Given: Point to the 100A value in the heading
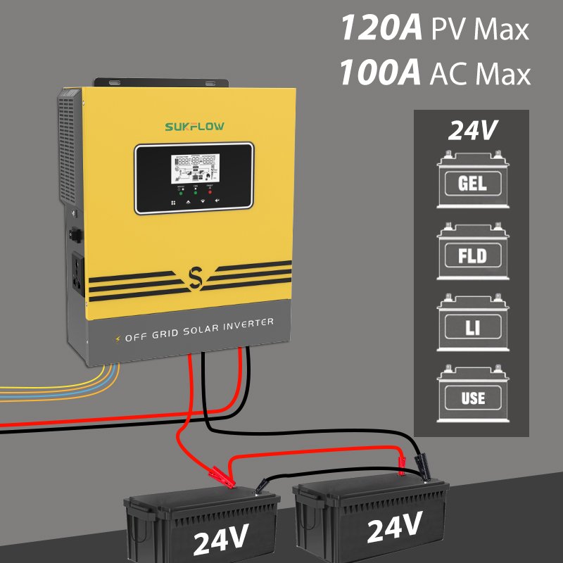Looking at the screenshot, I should (x=381, y=73).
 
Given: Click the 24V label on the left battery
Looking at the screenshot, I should (x=220, y=538).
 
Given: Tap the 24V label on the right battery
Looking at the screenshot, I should (x=393, y=526).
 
